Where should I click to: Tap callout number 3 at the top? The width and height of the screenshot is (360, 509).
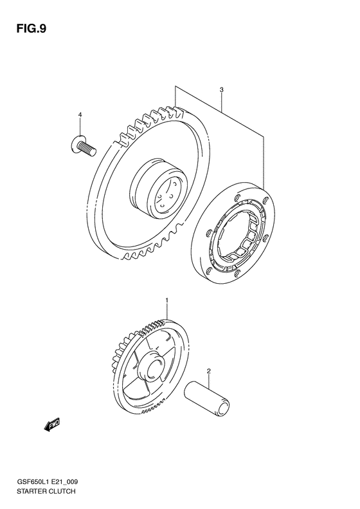pos(221,91)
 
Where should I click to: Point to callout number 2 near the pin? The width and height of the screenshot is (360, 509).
pos(208,371)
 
